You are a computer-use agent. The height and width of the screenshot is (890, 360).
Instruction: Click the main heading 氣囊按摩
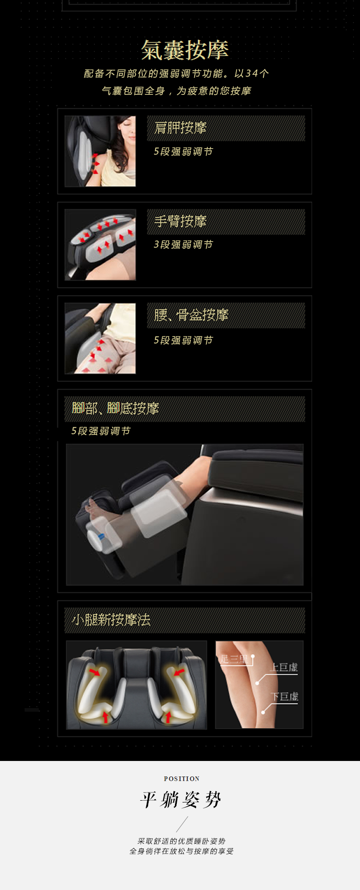point(185,50)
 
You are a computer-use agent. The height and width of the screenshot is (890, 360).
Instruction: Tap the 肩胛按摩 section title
point(180,128)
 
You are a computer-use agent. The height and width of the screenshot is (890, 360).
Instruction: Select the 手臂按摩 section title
point(180,221)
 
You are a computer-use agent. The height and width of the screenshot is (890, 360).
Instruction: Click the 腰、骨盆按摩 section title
point(191,315)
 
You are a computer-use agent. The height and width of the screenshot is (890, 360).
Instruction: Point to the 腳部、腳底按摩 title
point(115,408)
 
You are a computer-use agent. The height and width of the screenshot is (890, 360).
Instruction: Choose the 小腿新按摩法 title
point(111,620)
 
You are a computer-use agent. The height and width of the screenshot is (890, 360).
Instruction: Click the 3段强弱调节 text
point(183,244)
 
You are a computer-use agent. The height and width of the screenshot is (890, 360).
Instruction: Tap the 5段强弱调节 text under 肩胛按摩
point(183,151)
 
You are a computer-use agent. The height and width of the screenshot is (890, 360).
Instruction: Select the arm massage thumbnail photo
point(100,245)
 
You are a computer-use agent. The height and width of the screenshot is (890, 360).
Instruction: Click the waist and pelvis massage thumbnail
point(100,338)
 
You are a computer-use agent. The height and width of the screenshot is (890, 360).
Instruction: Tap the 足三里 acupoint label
point(234,659)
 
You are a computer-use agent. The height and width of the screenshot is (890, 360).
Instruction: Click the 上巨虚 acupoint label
point(284,667)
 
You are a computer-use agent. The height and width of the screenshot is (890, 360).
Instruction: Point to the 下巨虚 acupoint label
point(284,697)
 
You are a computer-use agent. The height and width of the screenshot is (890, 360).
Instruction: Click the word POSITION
point(182,779)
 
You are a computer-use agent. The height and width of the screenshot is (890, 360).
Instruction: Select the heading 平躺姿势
point(180,800)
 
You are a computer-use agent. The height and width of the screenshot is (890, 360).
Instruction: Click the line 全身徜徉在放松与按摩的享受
point(181,851)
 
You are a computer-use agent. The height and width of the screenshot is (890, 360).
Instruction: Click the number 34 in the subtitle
point(252,73)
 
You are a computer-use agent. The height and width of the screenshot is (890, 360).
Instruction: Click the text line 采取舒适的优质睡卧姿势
point(181,841)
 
